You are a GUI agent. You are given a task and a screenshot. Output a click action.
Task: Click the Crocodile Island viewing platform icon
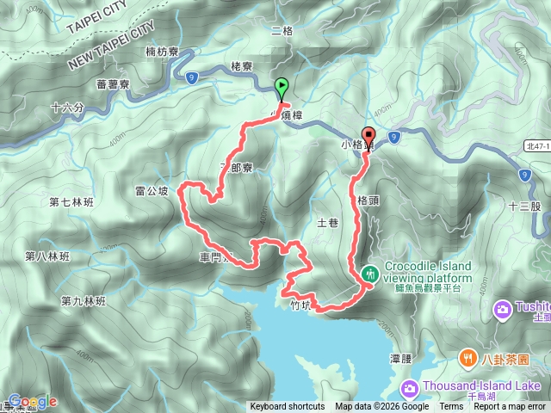tap(370, 274)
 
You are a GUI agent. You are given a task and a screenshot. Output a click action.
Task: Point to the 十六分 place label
tap(68, 108)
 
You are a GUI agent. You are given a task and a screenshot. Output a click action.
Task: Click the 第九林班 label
tap(83, 301)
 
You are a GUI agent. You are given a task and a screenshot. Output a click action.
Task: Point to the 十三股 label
tap(524, 206)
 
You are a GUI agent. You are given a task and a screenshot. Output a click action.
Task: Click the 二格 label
tap(282, 32)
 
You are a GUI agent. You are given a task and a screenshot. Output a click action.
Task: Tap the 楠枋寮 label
tap(162, 52)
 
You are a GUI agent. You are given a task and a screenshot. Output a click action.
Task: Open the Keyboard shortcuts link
tap(288, 407)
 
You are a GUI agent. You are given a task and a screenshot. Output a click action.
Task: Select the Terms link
tap(451, 407)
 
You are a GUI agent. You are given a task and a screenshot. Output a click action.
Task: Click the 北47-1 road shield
tap(534, 145)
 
